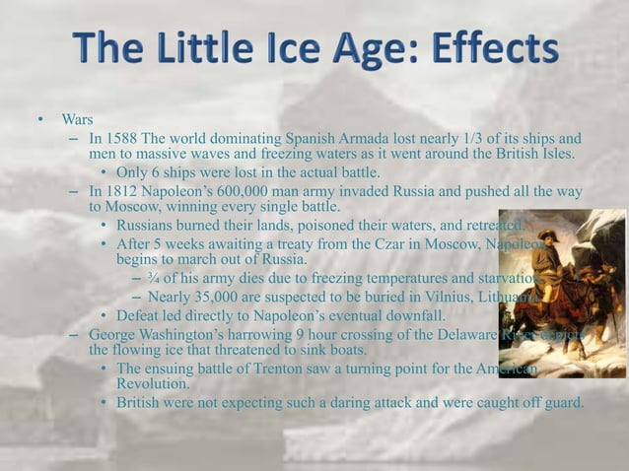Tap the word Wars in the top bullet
[x=77, y=120]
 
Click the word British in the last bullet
[x=140, y=403]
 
